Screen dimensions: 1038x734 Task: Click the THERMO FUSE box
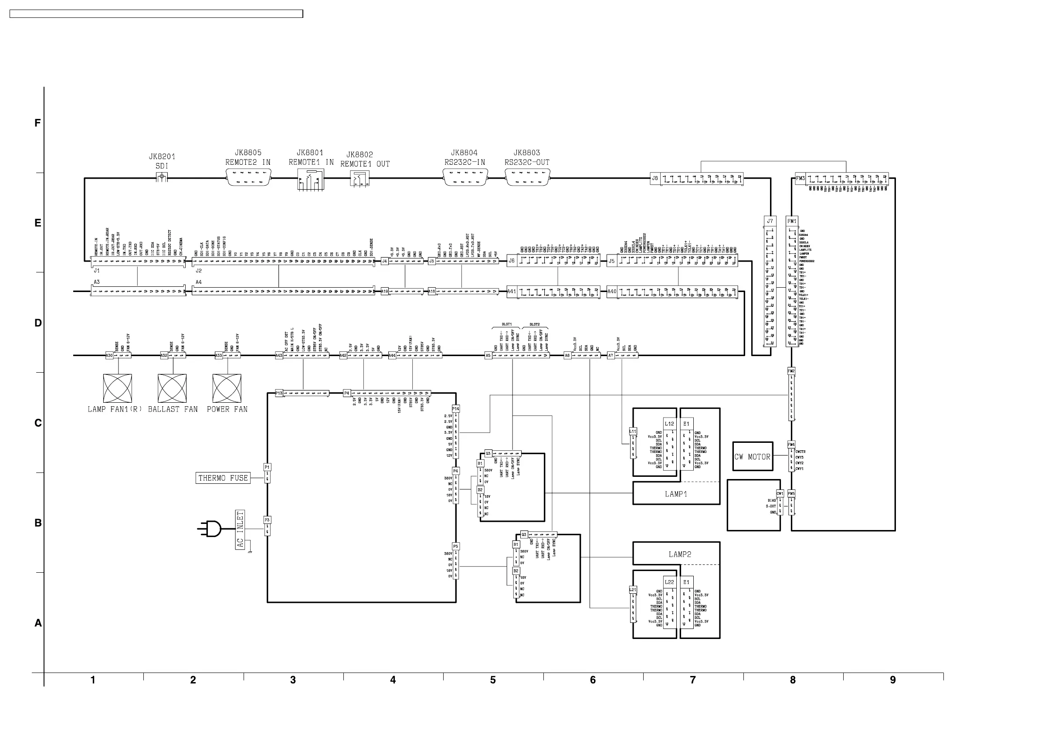(223, 478)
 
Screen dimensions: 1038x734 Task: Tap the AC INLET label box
(240, 530)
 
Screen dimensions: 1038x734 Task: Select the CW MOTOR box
(752, 457)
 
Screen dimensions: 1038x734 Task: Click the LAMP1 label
(676, 494)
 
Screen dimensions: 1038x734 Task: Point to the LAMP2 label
(679, 554)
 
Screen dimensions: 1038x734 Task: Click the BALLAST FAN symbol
(172, 388)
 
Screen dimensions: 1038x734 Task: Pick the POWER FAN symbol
(227, 388)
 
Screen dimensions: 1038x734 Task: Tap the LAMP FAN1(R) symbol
(118, 388)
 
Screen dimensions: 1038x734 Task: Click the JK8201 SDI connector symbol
(161, 178)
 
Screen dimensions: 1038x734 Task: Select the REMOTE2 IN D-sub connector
(248, 178)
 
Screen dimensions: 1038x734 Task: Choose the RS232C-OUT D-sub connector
(527, 178)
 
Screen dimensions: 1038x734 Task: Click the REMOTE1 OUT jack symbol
(360, 179)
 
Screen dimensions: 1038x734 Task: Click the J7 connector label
(770, 221)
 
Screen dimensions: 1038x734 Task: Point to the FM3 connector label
(800, 178)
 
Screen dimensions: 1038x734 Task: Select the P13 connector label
(279, 393)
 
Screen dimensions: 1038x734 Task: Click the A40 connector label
(612, 291)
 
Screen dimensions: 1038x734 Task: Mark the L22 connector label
(669, 582)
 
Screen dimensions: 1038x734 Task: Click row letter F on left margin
(38, 123)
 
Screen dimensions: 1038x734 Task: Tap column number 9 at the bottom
(892, 680)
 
